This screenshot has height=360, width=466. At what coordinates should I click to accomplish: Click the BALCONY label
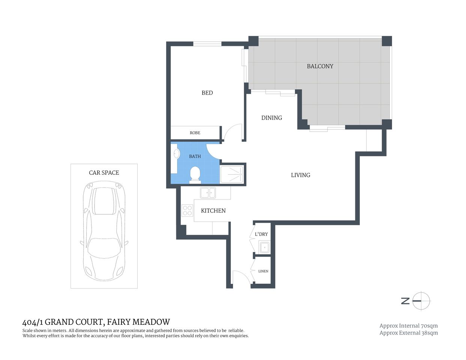click(320, 66)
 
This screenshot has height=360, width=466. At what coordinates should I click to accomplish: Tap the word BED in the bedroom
click(207, 93)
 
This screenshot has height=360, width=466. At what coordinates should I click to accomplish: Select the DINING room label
click(271, 118)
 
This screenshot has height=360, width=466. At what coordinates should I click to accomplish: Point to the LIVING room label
click(300, 175)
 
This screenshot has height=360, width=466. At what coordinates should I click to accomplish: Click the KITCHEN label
click(213, 211)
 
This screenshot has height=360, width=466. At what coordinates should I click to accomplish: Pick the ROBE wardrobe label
click(195, 133)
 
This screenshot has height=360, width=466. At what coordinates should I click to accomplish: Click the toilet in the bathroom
click(195, 174)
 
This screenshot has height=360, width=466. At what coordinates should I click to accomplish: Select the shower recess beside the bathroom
click(232, 174)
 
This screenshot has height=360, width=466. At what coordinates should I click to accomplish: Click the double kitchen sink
click(207, 193)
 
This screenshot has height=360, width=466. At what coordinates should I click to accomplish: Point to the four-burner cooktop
click(187, 211)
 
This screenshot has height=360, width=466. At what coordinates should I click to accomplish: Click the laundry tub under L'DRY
click(264, 247)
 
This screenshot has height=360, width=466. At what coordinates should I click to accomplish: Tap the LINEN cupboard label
click(263, 271)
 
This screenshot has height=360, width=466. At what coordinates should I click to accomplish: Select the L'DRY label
click(261, 234)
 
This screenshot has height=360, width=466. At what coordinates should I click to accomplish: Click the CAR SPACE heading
click(104, 173)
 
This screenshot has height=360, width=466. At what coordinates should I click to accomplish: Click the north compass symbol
click(421, 301)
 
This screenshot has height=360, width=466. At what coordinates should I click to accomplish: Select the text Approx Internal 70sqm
click(408, 326)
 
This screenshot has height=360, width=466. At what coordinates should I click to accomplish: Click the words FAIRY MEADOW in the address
click(138, 322)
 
